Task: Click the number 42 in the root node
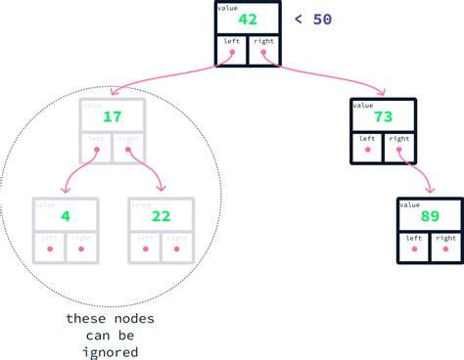[247, 20]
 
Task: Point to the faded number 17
[112, 117]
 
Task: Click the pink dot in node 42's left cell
[232, 54]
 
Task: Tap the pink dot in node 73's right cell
[398, 152]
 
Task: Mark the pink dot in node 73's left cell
[368, 152]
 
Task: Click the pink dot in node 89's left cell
[414, 250]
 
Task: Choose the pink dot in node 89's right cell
[444, 250]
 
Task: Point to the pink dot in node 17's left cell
[97, 152]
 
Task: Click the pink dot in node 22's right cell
[177, 250]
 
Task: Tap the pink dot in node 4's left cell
[49, 250]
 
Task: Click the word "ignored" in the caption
[110, 352]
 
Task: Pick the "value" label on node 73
[362, 104]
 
